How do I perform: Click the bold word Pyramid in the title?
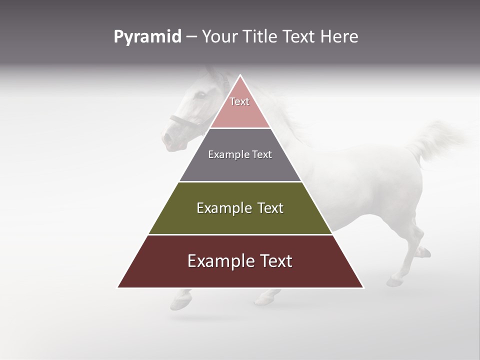147,37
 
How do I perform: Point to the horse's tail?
435,137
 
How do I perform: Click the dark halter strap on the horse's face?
182,120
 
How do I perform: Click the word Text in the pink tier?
239,101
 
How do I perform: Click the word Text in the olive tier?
267,208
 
